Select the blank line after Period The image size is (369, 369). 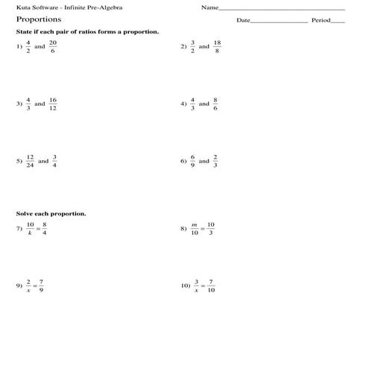[338, 22]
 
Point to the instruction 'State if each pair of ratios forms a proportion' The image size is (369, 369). [87, 33]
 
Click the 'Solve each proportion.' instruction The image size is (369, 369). [51, 214]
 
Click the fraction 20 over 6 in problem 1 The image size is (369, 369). [53, 46]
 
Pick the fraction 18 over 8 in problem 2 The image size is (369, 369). [217, 46]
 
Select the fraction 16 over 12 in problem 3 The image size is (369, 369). [53, 104]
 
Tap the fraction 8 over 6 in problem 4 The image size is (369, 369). [215, 104]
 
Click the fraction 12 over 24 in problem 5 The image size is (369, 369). [30, 161]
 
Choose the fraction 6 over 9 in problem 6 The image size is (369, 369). [192, 161]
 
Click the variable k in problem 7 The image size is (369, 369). [30, 233]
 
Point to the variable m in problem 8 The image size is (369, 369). [194, 224]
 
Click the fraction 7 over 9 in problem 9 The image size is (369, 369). [42, 286]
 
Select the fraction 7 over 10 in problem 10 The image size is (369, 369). [212, 286]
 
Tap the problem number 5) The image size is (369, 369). [19, 161]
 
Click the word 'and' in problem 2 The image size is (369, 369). [204, 46]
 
